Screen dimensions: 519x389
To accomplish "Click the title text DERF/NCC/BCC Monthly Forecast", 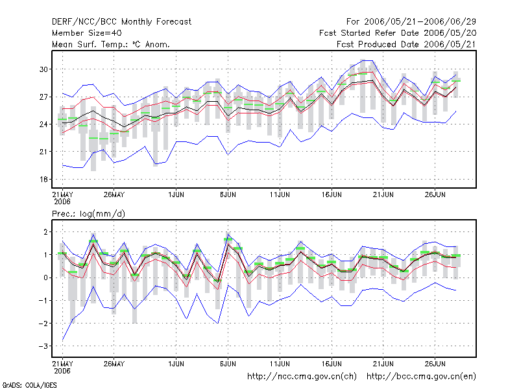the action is pyautogui.click(x=121, y=22).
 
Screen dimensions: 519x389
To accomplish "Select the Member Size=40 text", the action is pyautogui.click(x=87, y=33).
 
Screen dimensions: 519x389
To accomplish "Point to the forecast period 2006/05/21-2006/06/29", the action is pyautogui.click(x=420, y=22).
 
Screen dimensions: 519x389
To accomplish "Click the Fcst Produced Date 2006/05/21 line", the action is pyautogui.click(x=406, y=44).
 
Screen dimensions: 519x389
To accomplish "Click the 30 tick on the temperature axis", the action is pyautogui.click(x=43, y=69).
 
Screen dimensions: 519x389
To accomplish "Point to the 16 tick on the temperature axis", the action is pyautogui.click(x=43, y=180).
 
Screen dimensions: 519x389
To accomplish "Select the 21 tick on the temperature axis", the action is pyautogui.click(x=43, y=152).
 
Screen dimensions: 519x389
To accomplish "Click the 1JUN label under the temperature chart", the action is pyautogui.click(x=176, y=195).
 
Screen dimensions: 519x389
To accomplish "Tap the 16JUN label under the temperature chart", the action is pyautogui.click(x=332, y=195).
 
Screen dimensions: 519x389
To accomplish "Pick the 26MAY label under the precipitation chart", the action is pyautogui.click(x=114, y=364).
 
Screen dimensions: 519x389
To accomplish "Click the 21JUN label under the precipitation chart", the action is pyautogui.click(x=383, y=364).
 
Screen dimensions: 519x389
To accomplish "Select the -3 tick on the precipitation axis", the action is pyautogui.click(x=43, y=346).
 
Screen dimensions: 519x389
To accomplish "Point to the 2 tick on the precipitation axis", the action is pyautogui.click(x=45, y=232).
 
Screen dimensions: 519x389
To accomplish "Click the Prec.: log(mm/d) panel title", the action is pyautogui.click(x=88, y=214).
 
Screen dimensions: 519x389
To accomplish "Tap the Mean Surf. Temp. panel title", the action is pyautogui.click(x=110, y=44).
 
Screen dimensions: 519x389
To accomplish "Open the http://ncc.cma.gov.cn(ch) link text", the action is pyautogui.click(x=302, y=377).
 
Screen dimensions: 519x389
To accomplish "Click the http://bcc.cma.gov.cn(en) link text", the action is pyautogui.click(x=421, y=377).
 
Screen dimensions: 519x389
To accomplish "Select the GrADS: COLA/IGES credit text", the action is pyautogui.click(x=29, y=385).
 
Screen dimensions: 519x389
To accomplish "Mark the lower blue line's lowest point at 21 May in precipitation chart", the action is pyautogui.click(x=62, y=340).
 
